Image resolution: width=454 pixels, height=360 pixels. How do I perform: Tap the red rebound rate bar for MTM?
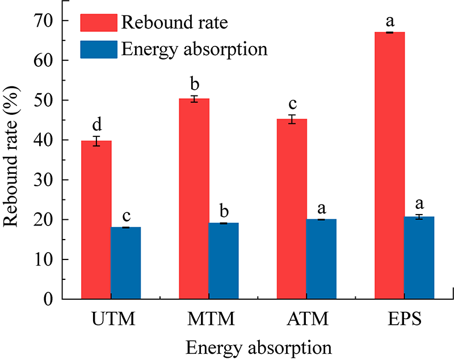click(x=194, y=199)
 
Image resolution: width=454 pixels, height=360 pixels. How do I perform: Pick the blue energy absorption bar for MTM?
click(x=224, y=261)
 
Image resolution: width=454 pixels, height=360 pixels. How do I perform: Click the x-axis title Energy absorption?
click(x=258, y=345)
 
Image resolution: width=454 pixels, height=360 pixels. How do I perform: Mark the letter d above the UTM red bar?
click(x=96, y=124)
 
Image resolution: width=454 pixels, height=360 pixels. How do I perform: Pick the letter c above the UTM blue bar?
click(x=126, y=216)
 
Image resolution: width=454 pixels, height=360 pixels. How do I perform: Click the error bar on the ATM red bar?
click(x=292, y=119)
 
